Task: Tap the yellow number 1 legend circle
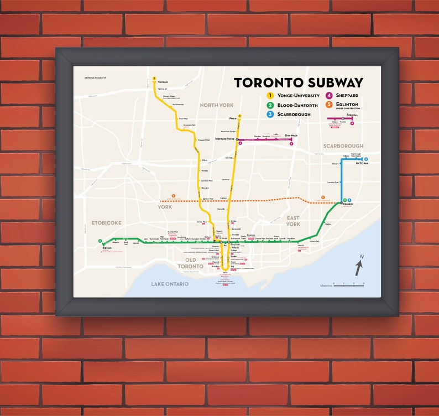(x=270, y=96)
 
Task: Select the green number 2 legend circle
(x=270, y=105)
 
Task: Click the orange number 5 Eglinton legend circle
(x=328, y=104)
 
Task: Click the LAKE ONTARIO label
(x=170, y=284)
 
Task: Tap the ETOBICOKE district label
(x=106, y=223)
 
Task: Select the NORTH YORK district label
(x=217, y=105)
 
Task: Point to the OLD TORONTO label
(x=190, y=263)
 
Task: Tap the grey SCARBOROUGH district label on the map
(x=343, y=146)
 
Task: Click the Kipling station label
(x=107, y=248)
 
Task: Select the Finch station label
(x=233, y=118)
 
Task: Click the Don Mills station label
(x=291, y=136)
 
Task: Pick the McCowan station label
(x=362, y=163)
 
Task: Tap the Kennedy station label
(x=347, y=204)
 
